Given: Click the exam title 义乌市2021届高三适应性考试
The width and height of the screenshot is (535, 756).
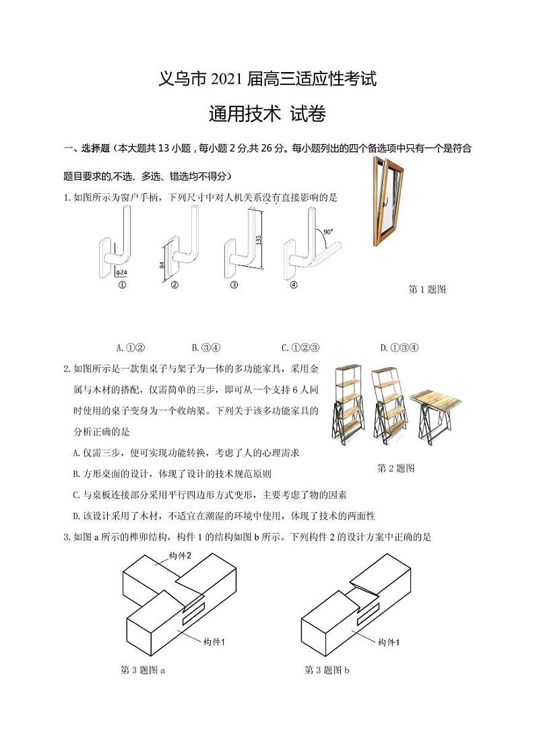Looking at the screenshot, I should [x=267, y=80].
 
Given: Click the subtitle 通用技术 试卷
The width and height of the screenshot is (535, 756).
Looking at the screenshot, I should [x=267, y=115].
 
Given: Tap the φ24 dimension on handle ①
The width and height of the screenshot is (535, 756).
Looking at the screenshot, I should [x=121, y=272].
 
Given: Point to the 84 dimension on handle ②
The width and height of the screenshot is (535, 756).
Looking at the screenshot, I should [x=162, y=265].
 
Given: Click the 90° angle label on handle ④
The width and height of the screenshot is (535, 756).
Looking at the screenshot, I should [x=327, y=232].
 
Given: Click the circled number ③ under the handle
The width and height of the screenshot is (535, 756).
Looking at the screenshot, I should [x=234, y=285].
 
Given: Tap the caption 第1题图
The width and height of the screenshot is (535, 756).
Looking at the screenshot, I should [x=427, y=290].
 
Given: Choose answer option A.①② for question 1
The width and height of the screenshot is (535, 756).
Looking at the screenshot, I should [x=131, y=348].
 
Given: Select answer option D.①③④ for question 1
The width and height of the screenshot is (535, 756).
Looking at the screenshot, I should [x=400, y=348].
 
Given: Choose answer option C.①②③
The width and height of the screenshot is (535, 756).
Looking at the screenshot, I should [x=300, y=348].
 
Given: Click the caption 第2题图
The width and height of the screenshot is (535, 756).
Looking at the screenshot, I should [x=396, y=468].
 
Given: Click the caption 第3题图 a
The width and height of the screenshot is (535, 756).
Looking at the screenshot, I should [x=143, y=670].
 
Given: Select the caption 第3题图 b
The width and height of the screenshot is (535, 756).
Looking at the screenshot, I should [x=327, y=670].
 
